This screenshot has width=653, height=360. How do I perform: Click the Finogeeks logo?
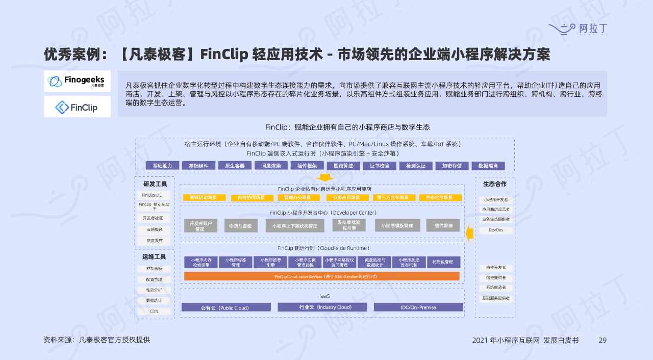(77, 81)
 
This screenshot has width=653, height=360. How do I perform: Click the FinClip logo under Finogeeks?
(77, 107)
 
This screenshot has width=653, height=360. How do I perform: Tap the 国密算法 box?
(343, 166)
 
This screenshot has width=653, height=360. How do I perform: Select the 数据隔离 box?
(488, 166)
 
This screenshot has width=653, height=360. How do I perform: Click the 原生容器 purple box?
(235, 166)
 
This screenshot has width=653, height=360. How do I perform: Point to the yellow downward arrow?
(324, 177)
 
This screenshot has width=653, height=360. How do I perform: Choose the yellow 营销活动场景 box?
(204, 197)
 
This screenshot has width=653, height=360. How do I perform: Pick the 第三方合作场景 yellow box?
(393, 197)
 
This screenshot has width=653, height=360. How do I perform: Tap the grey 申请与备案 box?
(241, 225)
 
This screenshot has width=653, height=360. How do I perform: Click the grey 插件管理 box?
(443, 225)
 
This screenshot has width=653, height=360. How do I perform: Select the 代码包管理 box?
(443, 262)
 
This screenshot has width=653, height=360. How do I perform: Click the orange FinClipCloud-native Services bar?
(321, 276)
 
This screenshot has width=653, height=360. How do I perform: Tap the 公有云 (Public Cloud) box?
(226, 307)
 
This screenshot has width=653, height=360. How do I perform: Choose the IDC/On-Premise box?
(418, 307)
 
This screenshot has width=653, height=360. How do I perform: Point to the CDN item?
(154, 311)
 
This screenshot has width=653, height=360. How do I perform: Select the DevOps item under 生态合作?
(495, 230)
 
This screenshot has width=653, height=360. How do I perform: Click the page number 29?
(602, 340)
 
